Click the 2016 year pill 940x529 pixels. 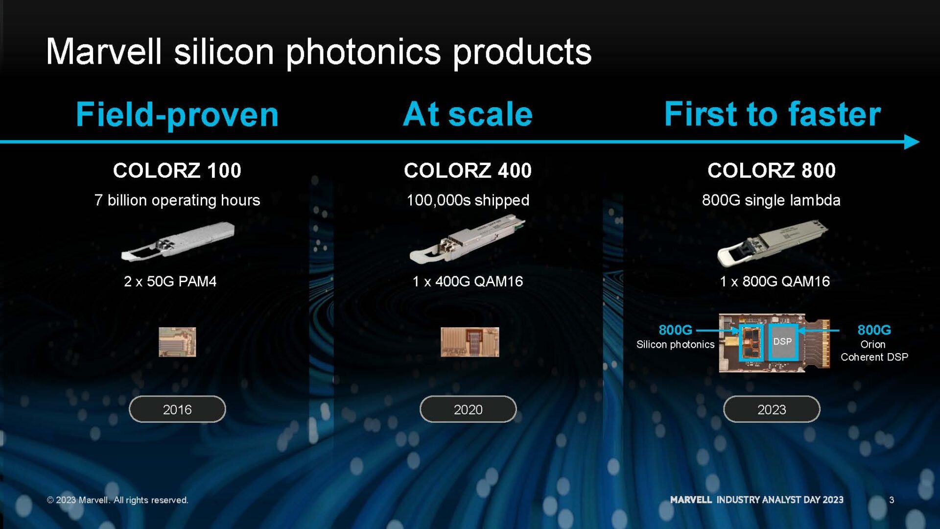pos(177,409)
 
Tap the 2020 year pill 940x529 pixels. pos(468,409)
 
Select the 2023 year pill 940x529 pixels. pos(772,409)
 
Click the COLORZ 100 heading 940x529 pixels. pos(177,170)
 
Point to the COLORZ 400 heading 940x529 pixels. pos(468,170)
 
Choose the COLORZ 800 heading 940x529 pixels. pos(772,170)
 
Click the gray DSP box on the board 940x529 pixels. pos(782,342)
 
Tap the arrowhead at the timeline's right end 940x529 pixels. pos(912,142)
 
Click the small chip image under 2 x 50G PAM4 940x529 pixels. pos(177,342)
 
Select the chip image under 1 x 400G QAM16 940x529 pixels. pos(470,342)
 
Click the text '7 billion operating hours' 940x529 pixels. pos(177,200)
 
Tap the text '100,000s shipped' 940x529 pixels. pos(468,200)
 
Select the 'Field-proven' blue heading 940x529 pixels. pos(177,115)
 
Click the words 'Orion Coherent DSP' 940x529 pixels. pos(874,351)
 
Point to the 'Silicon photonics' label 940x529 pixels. pos(675,344)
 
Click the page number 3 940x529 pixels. pos(892,500)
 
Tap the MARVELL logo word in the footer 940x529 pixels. pos(691,500)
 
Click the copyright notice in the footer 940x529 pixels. pos(117,500)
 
